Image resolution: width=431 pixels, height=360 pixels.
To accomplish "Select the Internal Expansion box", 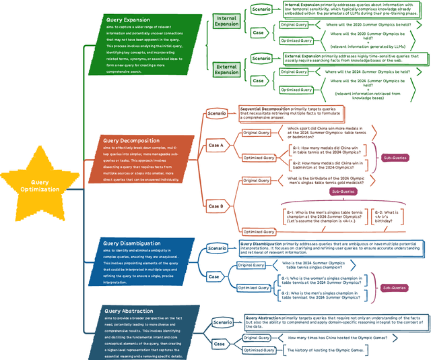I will click(x=227, y=21).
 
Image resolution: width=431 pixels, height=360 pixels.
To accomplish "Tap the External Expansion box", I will click(x=227, y=69).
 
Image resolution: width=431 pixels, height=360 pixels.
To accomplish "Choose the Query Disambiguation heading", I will click(x=131, y=243).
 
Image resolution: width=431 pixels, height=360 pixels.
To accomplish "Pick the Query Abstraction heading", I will click(x=128, y=311).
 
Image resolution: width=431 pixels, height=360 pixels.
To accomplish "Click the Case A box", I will click(x=217, y=145).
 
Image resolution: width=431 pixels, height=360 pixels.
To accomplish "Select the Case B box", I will click(x=217, y=206).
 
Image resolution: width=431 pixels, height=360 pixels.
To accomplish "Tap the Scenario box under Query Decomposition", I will click(x=217, y=113).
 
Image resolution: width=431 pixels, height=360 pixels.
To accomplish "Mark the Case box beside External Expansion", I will click(x=258, y=80).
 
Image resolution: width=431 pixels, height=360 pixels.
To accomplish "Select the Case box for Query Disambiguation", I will click(x=213, y=276).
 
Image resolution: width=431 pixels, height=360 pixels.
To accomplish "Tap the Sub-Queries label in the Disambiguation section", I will click(x=395, y=288).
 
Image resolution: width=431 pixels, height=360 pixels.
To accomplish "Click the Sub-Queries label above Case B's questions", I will click(x=343, y=191).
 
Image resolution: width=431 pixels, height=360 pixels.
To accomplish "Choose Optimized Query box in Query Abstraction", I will click(x=259, y=350).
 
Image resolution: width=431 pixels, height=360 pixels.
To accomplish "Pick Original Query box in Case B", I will click(x=256, y=180).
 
